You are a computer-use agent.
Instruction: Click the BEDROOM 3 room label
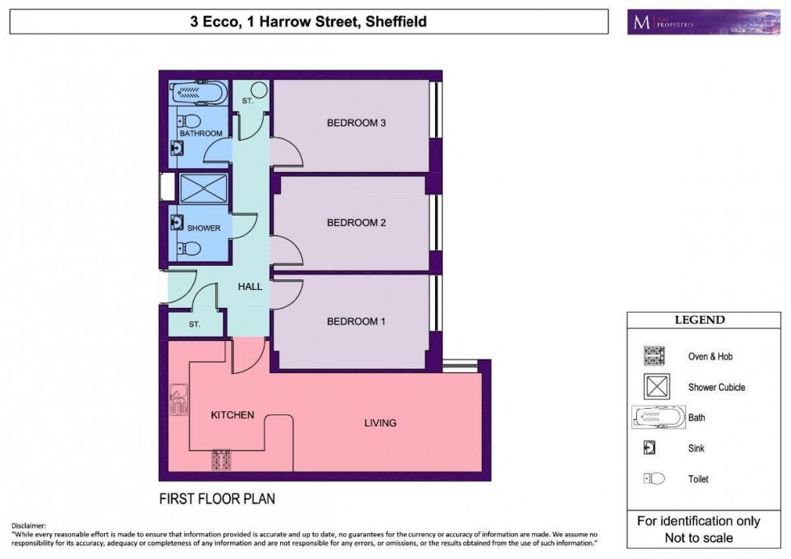(x=357, y=124)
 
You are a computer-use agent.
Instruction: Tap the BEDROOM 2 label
(x=357, y=222)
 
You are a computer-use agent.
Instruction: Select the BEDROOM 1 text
(x=357, y=322)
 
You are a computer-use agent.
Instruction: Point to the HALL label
(x=250, y=286)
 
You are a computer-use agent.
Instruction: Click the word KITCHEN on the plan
(x=232, y=414)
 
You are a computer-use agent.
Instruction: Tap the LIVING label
(x=380, y=422)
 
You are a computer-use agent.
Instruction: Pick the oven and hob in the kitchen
(x=221, y=460)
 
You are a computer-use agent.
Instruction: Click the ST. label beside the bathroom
(x=248, y=102)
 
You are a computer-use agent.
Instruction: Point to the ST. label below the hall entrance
(x=195, y=324)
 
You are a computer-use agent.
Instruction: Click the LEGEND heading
(x=699, y=320)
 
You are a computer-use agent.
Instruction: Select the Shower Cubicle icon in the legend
(x=656, y=387)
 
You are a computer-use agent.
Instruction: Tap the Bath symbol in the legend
(x=656, y=418)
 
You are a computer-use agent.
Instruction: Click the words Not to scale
(x=699, y=537)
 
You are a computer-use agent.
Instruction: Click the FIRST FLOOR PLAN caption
(x=216, y=498)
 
